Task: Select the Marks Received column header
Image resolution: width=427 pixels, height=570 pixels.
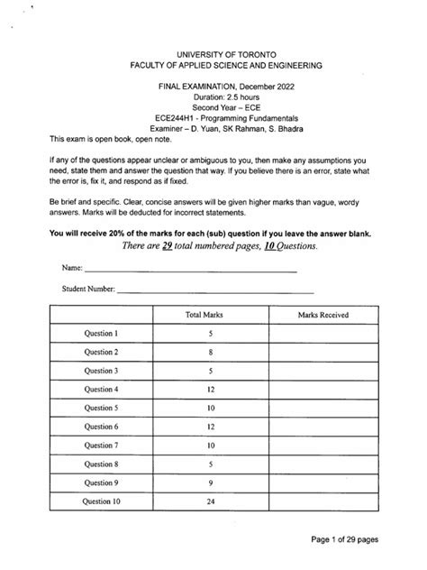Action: coord(323,315)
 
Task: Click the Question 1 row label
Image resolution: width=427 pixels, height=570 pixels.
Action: coord(101,334)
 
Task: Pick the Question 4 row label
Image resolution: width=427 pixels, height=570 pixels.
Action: coord(101,390)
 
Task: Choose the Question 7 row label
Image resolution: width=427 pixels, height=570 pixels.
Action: coord(101,446)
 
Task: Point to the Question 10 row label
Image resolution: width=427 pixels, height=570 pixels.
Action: coord(101,501)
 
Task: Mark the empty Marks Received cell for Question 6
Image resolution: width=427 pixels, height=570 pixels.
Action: coord(323,427)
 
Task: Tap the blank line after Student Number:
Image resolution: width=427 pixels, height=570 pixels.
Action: coord(216,290)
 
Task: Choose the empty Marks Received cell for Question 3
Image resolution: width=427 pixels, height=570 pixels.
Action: coord(323,371)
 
